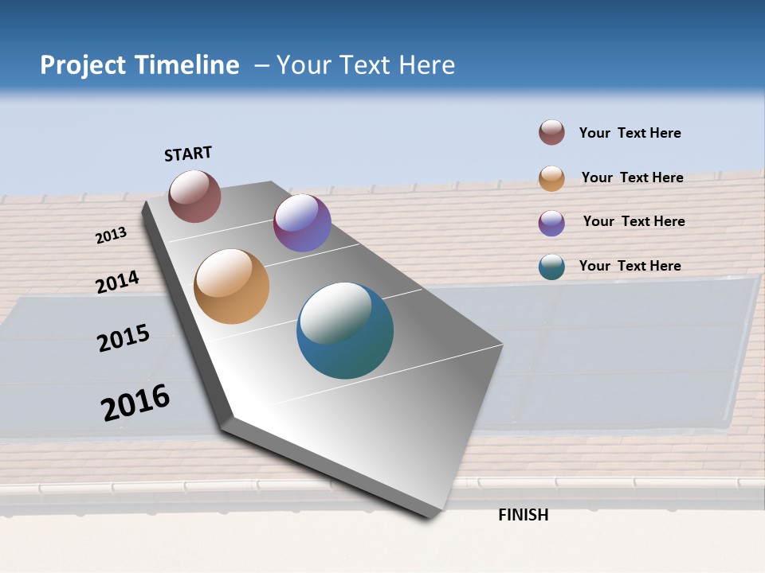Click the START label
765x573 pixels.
(x=188, y=153)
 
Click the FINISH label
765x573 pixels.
(x=523, y=515)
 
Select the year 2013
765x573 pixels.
(x=112, y=236)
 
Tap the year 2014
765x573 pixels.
(x=117, y=282)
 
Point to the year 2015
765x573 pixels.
(x=124, y=338)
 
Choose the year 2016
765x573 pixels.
(x=135, y=402)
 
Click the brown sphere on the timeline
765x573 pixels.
(x=194, y=196)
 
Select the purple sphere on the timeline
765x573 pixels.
(x=302, y=223)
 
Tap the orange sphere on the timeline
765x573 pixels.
(x=232, y=286)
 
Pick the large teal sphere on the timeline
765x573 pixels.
(x=345, y=330)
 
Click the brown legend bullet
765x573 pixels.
(x=551, y=132)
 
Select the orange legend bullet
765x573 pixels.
(x=551, y=178)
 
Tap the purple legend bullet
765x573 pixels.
(x=551, y=223)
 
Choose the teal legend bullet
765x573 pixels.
(x=551, y=267)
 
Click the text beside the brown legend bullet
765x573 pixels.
(x=630, y=133)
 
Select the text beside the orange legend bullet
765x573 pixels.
(x=632, y=177)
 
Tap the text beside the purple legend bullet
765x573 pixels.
(x=634, y=221)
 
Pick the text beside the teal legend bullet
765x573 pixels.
(x=630, y=266)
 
